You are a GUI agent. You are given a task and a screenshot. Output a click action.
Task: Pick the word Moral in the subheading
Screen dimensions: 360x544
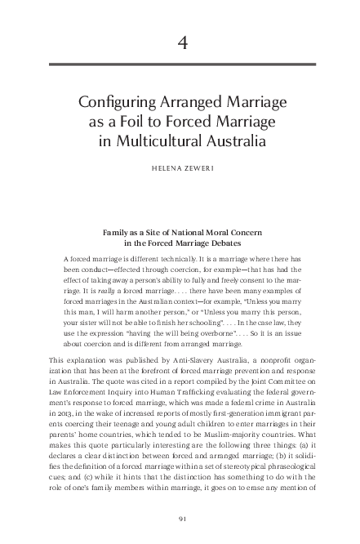(x=220, y=233)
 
